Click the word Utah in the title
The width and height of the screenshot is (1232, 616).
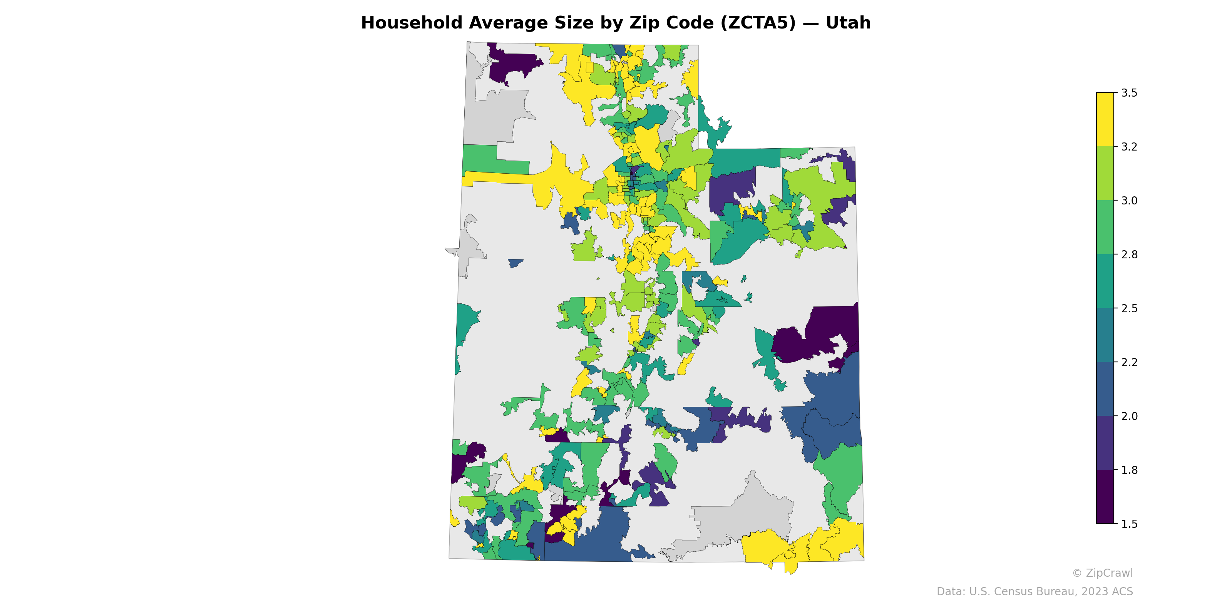pyautogui.click(x=847, y=23)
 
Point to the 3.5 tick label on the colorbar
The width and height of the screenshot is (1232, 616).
pyautogui.click(x=1129, y=93)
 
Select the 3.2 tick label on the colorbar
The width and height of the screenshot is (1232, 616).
pyautogui.click(x=1129, y=147)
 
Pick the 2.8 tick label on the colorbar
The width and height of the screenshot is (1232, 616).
pyautogui.click(x=1129, y=254)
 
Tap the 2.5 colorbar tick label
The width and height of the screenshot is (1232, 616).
pyautogui.click(x=1129, y=308)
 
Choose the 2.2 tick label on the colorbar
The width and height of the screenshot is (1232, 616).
pyautogui.click(x=1129, y=362)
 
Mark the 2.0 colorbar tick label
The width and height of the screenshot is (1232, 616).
pyautogui.click(x=1129, y=416)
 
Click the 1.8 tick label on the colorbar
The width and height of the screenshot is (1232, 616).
pyautogui.click(x=1129, y=470)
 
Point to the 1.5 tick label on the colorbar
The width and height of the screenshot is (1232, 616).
pyautogui.click(x=1129, y=524)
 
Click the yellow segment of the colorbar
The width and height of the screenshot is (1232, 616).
pyautogui.click(x=1105, y=120)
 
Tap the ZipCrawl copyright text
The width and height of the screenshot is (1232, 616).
pyautogui.click(x=1102, y=573)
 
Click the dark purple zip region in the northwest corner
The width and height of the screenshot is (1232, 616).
pyautogui.click(x=512, y=65)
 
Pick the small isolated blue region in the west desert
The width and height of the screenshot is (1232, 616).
pyautogui.click(x=515, y=263)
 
